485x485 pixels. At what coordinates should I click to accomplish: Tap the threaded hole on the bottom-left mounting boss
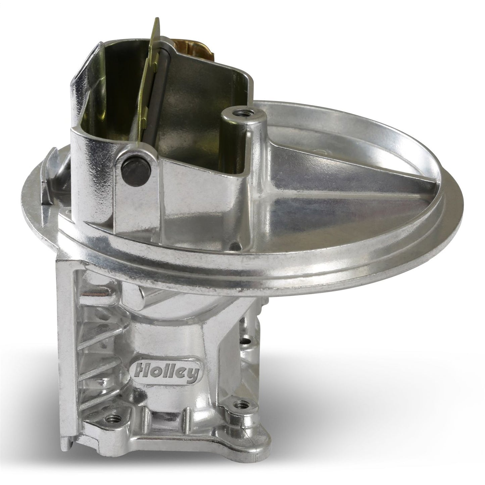click(x=111, y=419)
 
